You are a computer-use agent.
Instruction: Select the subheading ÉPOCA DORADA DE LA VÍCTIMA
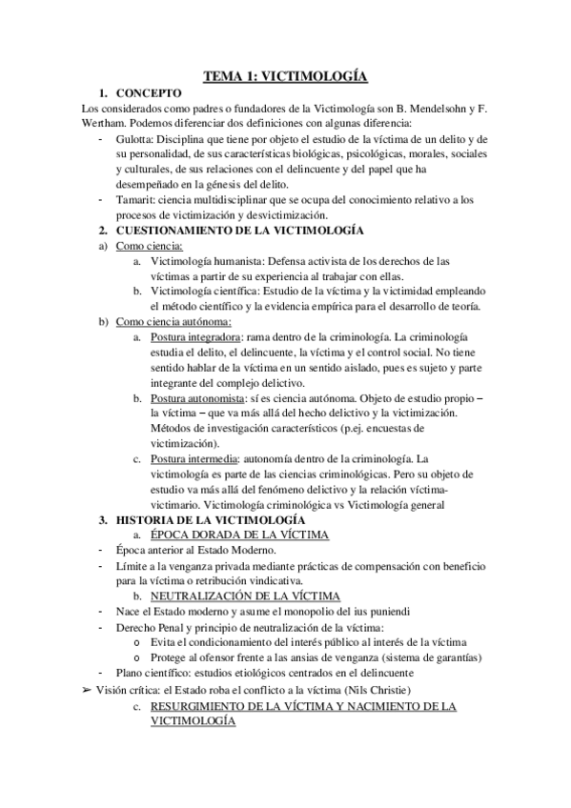pyautogui.click(x=239, y=535)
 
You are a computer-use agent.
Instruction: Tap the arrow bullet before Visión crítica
pyautogui.click(x=88, y=689)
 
